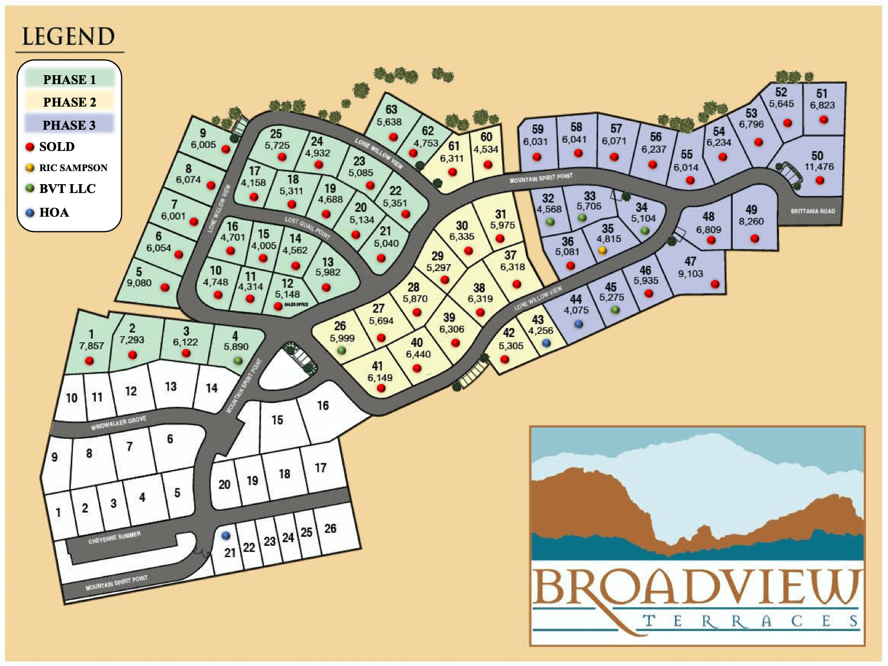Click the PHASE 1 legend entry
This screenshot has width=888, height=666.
[x=69, y=79]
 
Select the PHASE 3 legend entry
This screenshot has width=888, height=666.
[x=69, y=125]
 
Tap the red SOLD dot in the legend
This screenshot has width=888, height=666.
[x=30, y=147]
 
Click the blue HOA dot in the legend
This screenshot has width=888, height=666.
[x=30, y=213]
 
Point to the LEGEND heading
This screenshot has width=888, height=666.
[x=68, y=37]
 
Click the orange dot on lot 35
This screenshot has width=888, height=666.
[x=602, y=250]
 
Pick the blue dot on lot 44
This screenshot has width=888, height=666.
[x=578, y=324]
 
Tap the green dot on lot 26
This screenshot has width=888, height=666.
[x=341, y=350]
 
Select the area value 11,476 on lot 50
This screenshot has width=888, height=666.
[x=819, y=167]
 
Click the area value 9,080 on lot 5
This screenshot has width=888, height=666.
[x=139, y=283]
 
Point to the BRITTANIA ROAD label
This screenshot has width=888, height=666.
[x=813, y=211]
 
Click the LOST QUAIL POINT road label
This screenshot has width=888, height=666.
[x=307, y=227]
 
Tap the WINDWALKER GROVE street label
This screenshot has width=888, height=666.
[x=118, y=423]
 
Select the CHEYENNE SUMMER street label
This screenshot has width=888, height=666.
[x=114, y=538]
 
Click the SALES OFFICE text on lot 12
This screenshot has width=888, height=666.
[x=296, y=304]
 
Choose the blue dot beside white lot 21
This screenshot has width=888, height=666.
[x=226, y=535]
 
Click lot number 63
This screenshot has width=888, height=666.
[x=391, y=110]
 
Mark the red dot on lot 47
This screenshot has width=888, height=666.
[x=715, y=284]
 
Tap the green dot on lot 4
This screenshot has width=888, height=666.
[x=238, y=361]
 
